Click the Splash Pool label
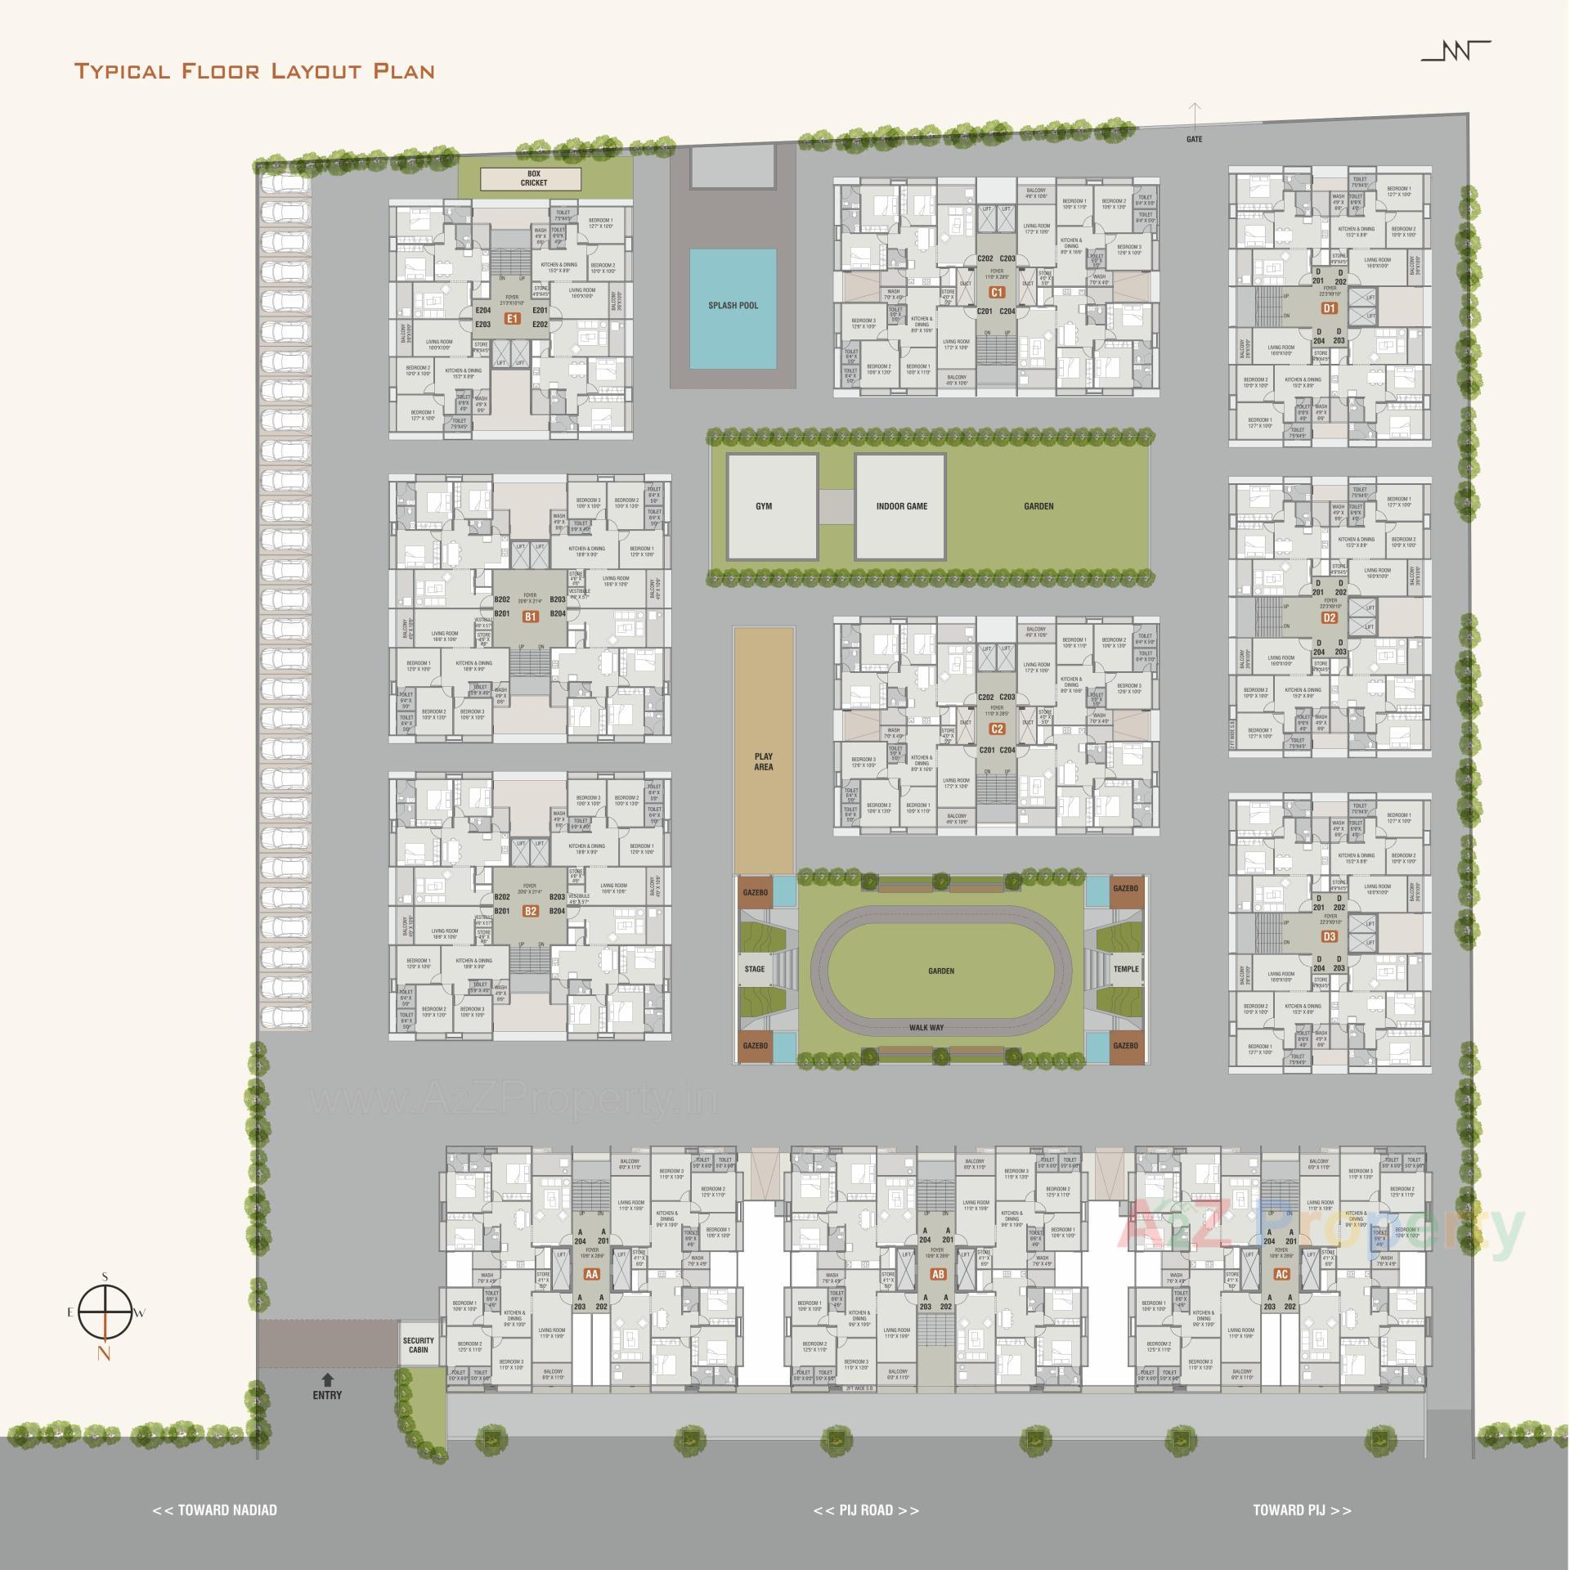click(x=733, y=306)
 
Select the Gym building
click(x=764, y=507)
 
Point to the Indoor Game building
click(x=901, y=507)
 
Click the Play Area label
click(x=764, y=761)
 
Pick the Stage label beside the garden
click(x=755, y=969)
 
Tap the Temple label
click(x=1125, y=969)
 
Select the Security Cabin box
click(x=419, y=1345)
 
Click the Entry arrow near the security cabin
click(x=327, y=1379)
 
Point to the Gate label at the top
click(x=1195, y=139)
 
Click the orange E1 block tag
click(x=513, y=318)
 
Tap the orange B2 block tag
click(x=531, y=911)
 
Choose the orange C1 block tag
click(x=997, y=292)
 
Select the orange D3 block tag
click(x=1330, y=936)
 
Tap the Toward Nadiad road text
click(x=215, y=1509)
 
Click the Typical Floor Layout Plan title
click(x=254, y=70)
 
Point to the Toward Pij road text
click(x=1302, y=1509)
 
